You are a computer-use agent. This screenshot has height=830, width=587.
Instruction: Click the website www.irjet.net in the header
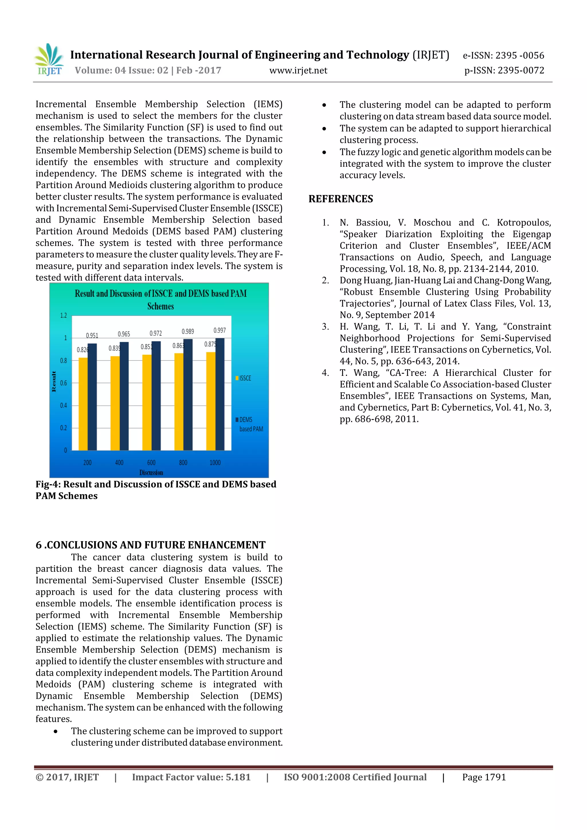tap(298, 70)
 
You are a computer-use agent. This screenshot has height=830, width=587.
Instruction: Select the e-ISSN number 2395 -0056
tap(520, 55)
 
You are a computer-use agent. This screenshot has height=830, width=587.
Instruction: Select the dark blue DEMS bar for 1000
tap(220, 394)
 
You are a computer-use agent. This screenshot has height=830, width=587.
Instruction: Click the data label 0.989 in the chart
tap(188, 331)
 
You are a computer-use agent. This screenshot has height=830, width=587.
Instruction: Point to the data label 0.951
tap(92, 335)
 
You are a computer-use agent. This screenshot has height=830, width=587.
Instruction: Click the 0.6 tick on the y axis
tap(63, 383)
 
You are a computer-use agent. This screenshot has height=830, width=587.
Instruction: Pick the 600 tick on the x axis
tap(151, 462)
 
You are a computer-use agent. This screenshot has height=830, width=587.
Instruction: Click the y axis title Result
tap(54, 381)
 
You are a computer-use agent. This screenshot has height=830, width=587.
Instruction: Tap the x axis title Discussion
tap(151, 472)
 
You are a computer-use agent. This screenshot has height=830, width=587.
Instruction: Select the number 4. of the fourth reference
tap(325, 373)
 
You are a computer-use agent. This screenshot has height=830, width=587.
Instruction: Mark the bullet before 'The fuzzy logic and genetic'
tap(324, 152)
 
